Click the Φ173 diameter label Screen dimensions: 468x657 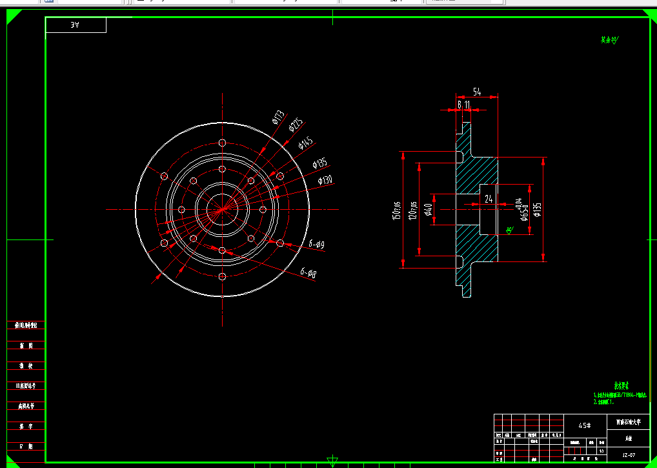click(278, 116)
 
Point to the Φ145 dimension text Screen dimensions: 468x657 click(306, 142)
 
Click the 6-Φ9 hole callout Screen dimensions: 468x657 click(316, 244)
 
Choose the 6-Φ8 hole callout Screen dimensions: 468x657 click(308, 274)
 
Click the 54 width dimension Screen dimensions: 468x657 click(477, 92)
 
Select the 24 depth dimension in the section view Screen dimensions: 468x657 click(489, 199)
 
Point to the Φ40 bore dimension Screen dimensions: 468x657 click(428, 209)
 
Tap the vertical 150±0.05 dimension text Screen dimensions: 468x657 click(396, 210)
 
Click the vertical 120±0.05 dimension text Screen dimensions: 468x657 click(414, 210)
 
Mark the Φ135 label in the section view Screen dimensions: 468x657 click(538, 209)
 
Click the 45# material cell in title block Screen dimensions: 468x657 click(585, 425)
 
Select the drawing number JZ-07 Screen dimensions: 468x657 click(629, 454)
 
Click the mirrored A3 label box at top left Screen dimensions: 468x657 click(76, 25)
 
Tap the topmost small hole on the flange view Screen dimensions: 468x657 click(222, 143)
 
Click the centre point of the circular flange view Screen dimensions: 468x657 click(222, 209)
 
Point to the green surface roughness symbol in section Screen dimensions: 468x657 click(509, 230)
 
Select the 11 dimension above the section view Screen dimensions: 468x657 click(467, 104)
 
